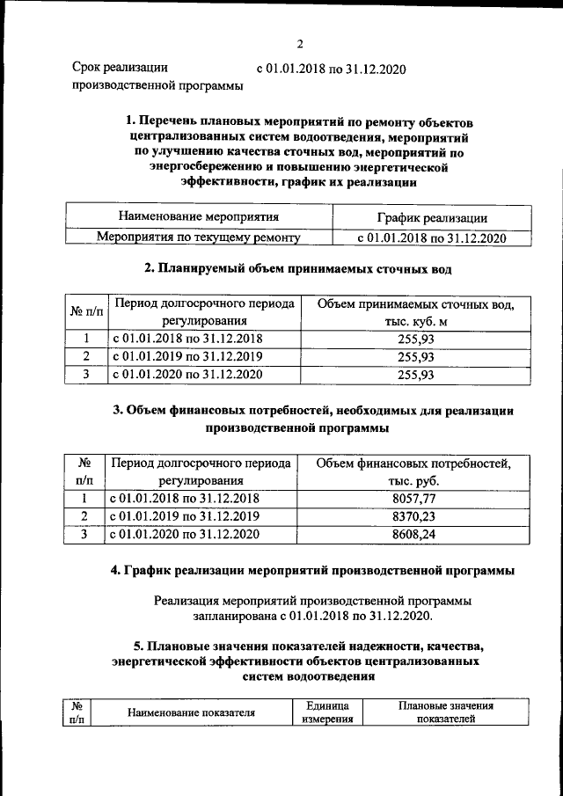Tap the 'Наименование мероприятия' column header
198,216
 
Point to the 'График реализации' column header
431,217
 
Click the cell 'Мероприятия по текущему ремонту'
198,237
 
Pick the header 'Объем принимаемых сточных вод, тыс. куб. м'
416,312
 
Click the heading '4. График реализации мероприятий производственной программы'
312,571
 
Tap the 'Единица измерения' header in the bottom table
328,712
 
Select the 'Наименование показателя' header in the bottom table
191,712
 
